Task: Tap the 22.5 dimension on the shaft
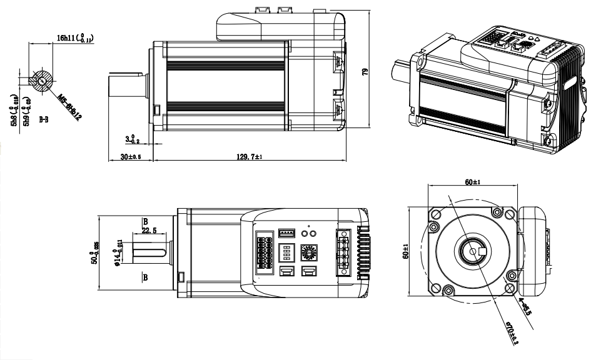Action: tap(148, 231)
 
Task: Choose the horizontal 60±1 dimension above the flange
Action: tap(473, 182)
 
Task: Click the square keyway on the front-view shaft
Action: tap(481, 251)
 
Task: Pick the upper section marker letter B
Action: tap(144, 221)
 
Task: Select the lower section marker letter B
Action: tap(144, 277)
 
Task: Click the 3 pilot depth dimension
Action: tap(129, 137)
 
